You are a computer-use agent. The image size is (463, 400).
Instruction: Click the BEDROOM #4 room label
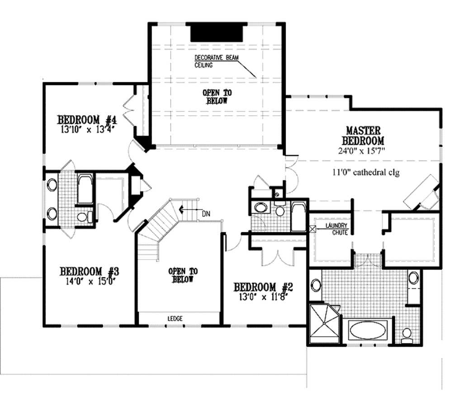[87, 120]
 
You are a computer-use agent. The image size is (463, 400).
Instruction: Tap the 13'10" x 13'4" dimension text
[87, 129]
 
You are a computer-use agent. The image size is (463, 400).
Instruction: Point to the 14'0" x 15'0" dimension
[89, 281]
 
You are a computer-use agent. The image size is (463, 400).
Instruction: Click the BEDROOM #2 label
[264, 287]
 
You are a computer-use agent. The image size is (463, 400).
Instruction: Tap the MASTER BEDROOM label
[363, 135]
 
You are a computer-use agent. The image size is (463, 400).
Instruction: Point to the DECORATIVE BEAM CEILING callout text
[210, 61]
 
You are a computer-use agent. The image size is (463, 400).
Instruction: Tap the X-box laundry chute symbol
[312, 229]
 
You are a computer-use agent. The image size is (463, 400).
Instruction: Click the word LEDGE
[175, 319]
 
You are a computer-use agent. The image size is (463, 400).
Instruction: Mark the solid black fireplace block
[217, 33]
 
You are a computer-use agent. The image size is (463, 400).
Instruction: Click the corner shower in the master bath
[324, 323]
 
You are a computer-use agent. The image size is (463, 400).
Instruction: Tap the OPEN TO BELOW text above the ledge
[183, 275]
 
